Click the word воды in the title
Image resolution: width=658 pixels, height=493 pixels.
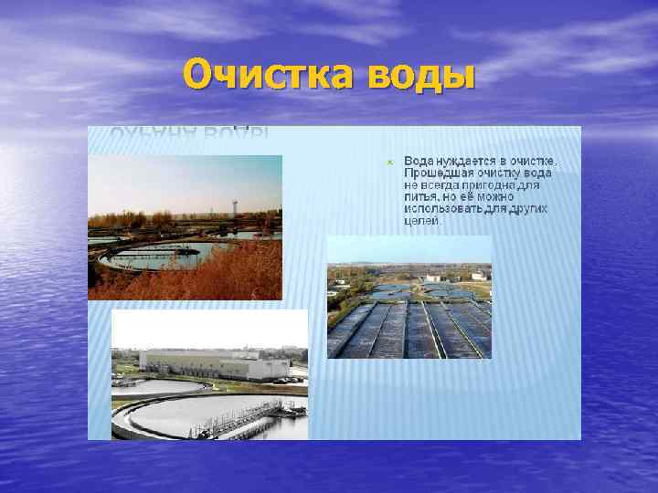[x=421, y=73]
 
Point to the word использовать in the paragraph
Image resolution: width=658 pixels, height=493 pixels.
[x=445, y=208]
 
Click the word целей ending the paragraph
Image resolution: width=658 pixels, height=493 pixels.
[x=421, y=220]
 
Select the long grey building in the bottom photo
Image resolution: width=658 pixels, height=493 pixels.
[x=215, y=366]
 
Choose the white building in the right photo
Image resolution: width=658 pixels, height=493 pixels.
[x=432, y=276]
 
